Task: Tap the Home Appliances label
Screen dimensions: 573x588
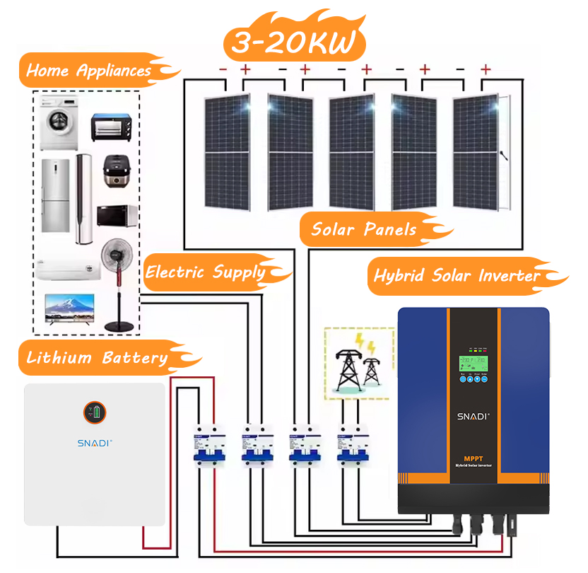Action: pyautogui.click(x=89, y=71)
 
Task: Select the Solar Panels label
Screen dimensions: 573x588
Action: pyautogui.click(x=364, y=229)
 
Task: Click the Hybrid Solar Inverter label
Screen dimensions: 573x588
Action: pyautogui.click(x=457, y=276)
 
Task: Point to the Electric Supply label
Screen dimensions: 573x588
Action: pyautogui.click(x=206, y=272)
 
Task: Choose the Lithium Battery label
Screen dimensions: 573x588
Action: pyautogui.click(x=97, y=358)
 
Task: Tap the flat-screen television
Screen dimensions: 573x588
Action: pyautogui.click(x=71, y=309)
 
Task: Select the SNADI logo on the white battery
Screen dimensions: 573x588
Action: pyautogui.click(x=95, y=442)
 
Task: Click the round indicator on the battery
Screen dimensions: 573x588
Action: pyautogui.click(x=95, y=412)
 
